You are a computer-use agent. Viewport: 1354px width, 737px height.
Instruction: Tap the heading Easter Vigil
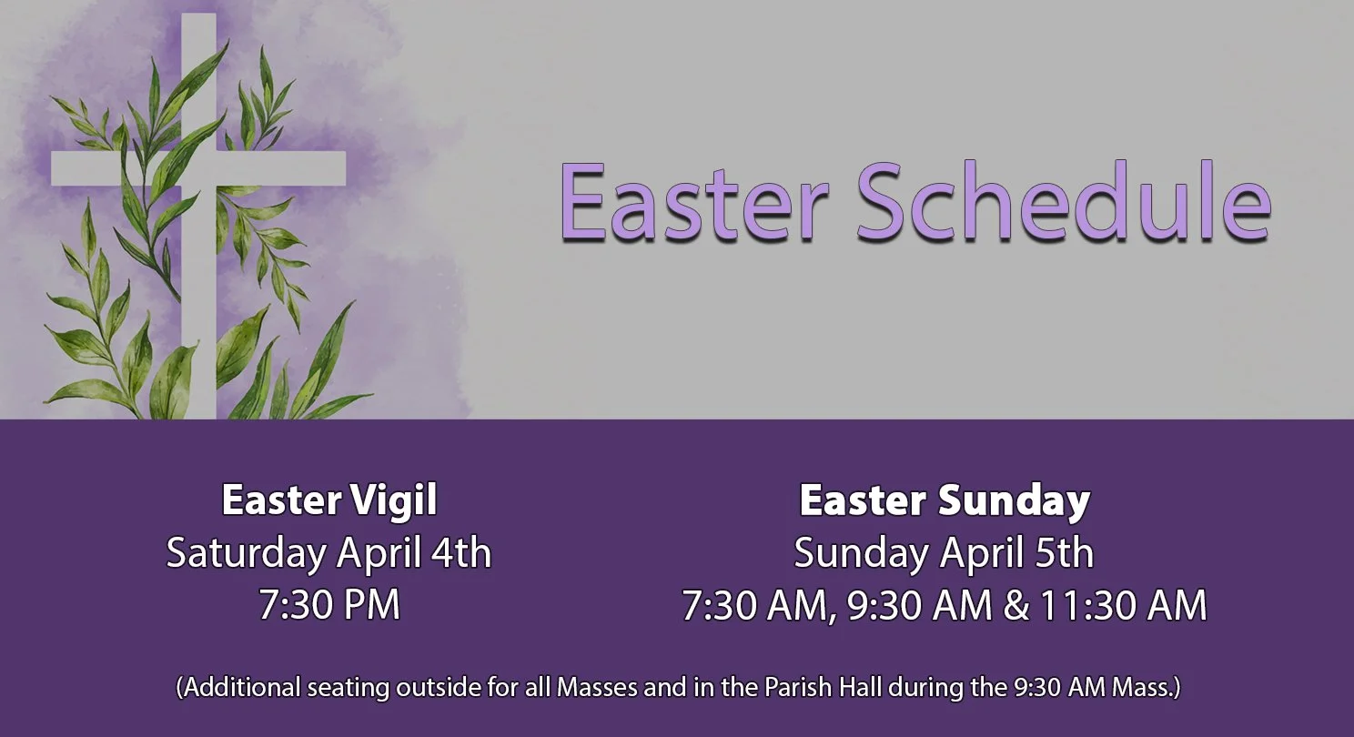tap(329, 500)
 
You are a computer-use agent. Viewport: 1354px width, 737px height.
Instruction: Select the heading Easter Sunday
tap(945, 500)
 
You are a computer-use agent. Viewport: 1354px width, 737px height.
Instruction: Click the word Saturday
tap(244, 553)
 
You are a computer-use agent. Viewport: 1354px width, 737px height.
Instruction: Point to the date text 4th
tap(460, 553)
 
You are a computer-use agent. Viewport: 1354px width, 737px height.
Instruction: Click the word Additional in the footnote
tap(238, 687)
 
